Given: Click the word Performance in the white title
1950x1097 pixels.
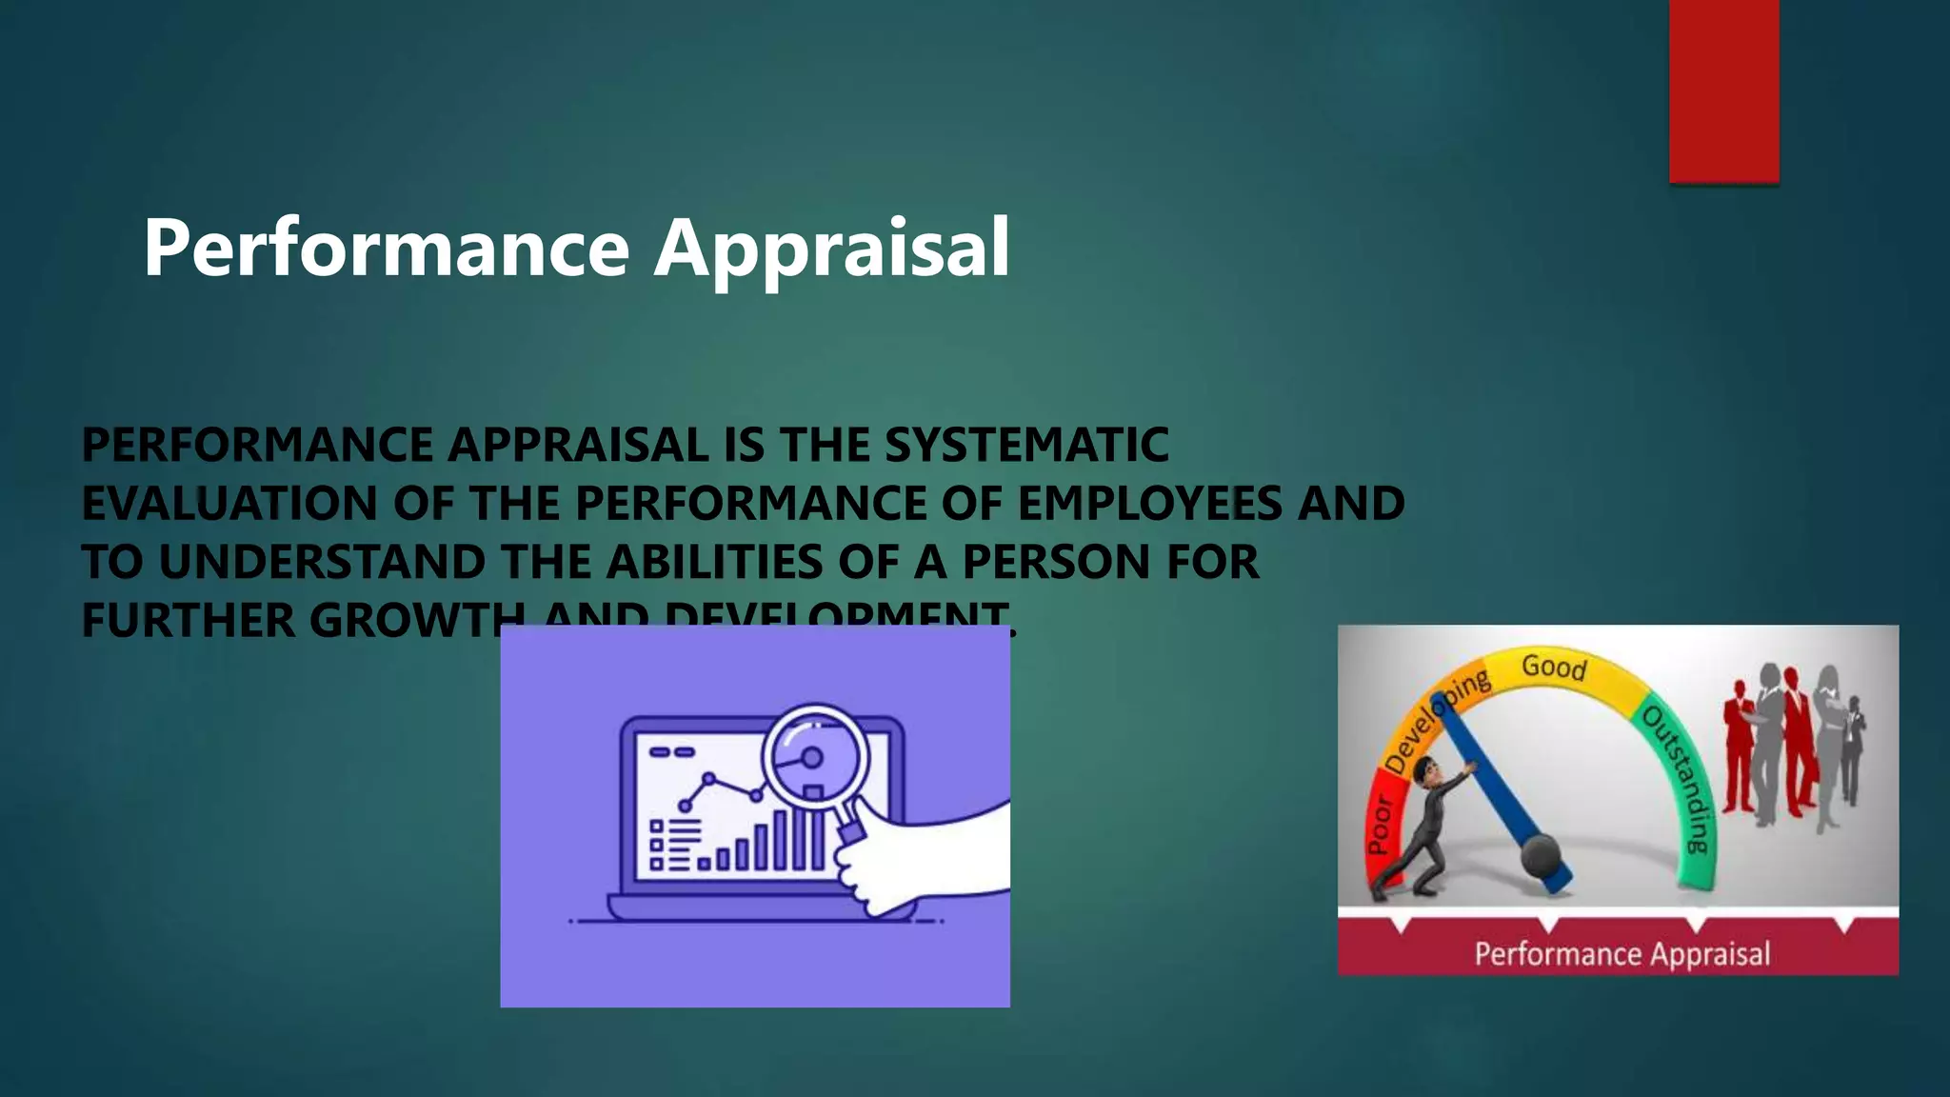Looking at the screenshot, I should (386, 248).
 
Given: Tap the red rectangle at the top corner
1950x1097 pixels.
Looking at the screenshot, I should (1723, 90).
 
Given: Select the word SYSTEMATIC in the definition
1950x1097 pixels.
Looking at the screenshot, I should (1026, 445).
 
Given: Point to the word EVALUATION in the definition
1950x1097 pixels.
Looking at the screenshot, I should (229, 503).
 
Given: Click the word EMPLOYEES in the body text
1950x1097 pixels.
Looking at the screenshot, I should (1150, 503).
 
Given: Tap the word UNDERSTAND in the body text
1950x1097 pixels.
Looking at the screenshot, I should (322, 562).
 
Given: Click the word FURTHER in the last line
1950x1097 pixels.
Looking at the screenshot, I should (189, 620).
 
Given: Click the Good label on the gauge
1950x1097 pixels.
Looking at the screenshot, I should (1554, 667).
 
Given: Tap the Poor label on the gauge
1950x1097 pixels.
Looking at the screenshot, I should (1381, 825).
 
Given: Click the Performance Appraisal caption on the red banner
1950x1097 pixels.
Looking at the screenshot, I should (1622, 953).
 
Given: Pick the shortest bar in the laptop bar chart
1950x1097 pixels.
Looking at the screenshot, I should (705, 864).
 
